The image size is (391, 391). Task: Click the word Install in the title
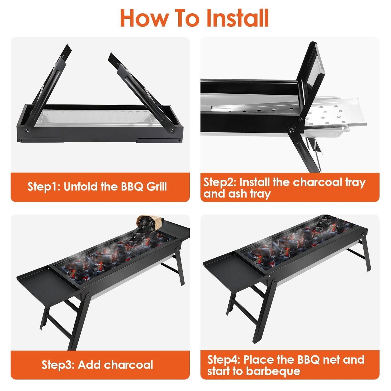coord(237,18)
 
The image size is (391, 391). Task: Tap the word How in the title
coord(144,18)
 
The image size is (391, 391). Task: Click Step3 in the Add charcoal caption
coord(58,365)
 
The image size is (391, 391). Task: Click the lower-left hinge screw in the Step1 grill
coord(27,130)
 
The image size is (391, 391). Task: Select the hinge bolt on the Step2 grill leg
coord(291,130)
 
